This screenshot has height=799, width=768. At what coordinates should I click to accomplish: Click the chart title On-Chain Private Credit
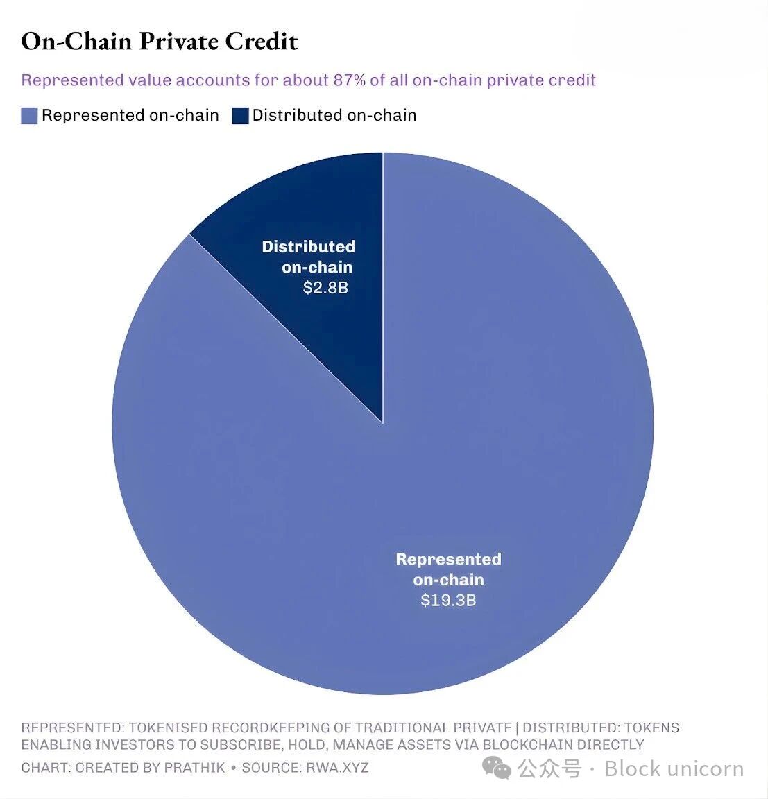[160, 42]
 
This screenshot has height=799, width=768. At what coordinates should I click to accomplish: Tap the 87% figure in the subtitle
[349, 80]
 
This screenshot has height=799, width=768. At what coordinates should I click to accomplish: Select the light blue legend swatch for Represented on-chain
[29, 116]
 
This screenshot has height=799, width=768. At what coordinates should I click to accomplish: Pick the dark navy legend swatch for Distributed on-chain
[240, 116]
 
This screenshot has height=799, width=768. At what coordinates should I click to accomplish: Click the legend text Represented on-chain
[130, 115]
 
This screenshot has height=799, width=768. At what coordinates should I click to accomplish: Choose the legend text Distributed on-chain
[334, 115]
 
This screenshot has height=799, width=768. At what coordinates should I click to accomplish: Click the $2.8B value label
[325, 287]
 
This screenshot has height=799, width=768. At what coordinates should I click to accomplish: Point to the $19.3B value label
[448, 600]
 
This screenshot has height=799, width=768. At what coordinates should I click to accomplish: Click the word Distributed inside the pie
[308, 247]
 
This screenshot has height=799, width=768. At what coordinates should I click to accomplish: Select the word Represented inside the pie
[448, 560]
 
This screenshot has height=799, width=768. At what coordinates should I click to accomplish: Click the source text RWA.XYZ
[337, 768]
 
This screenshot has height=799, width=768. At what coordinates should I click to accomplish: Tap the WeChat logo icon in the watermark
[497, 768]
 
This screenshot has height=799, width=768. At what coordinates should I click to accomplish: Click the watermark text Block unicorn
[674, 768]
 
